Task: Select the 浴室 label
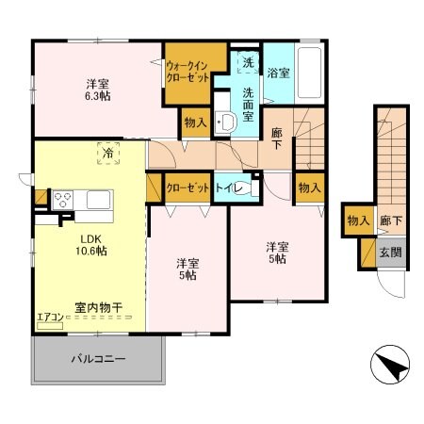(x=277, y=73)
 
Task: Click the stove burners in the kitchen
(x=63, y=199)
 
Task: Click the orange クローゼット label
(x=187, y=188)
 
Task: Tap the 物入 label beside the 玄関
(x=358, y=220)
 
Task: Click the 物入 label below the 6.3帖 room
(x=195, y=122)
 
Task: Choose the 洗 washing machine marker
(x=247, y=63)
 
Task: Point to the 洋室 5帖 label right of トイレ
(x=276, y=253)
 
